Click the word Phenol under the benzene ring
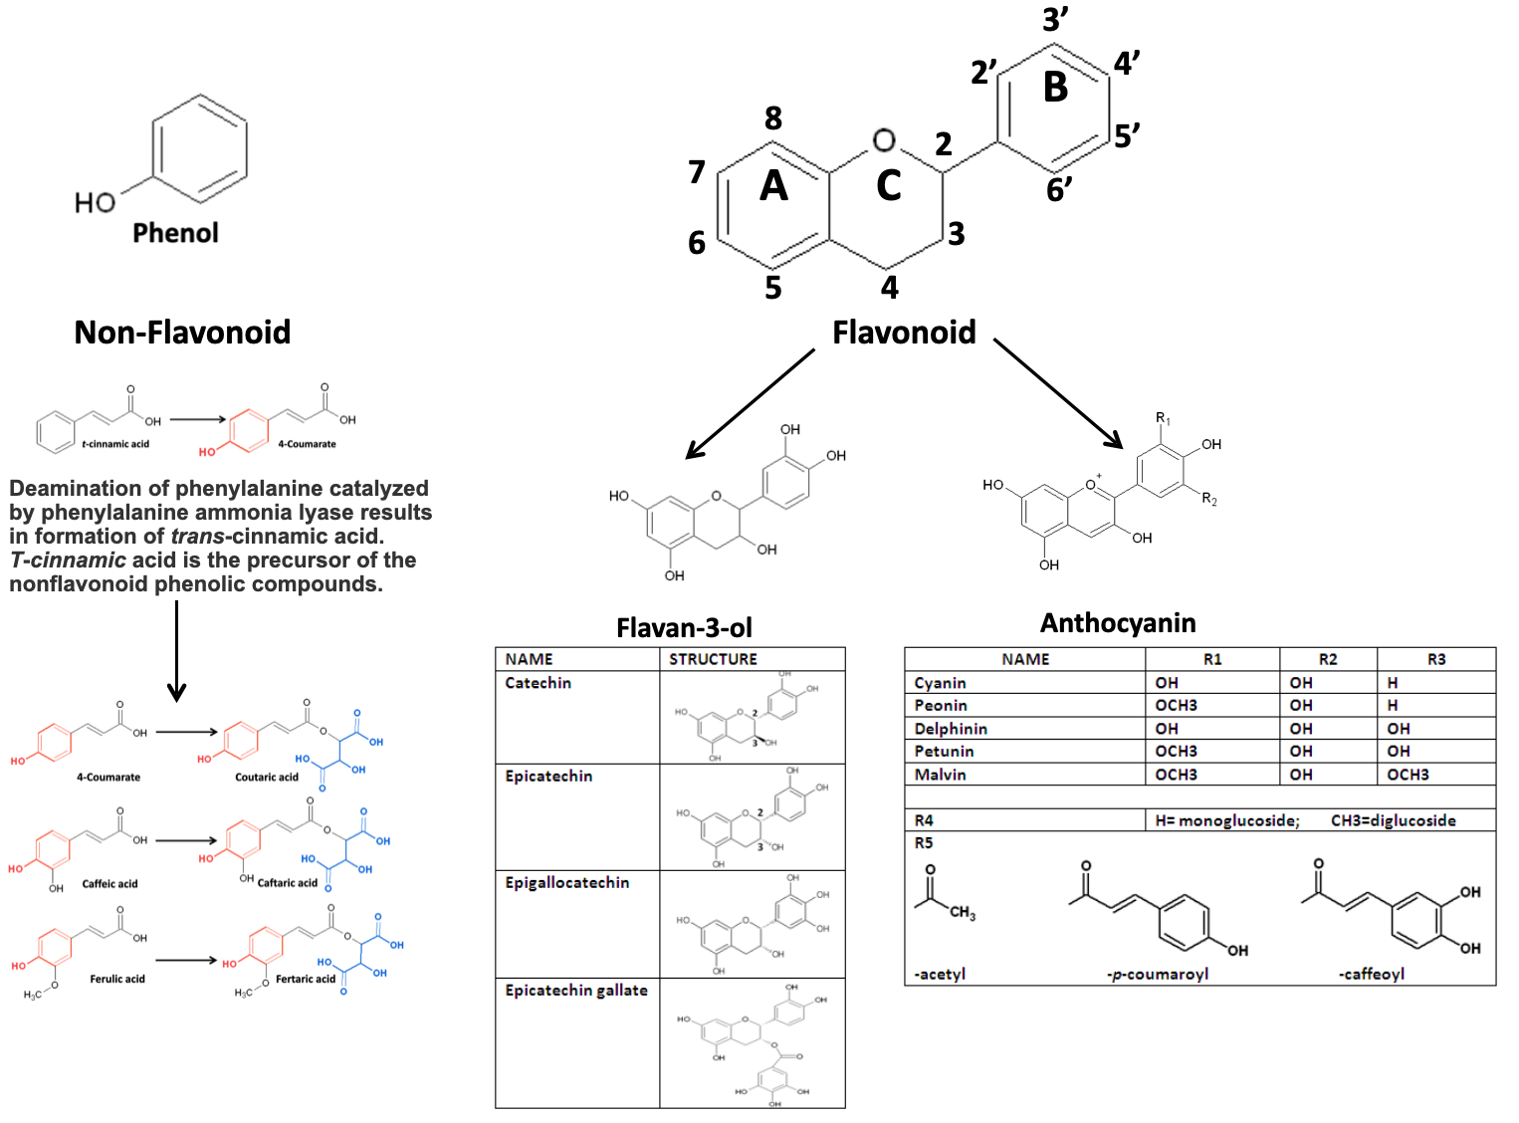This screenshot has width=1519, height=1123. click(175, 232)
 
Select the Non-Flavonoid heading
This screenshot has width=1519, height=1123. click(182, 332)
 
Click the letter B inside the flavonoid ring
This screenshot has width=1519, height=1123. click(1055, 88)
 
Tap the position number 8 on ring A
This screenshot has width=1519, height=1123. click(773, 118)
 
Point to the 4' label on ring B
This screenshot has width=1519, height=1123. click(1126, 64)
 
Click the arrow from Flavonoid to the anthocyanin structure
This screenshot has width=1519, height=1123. click(1058, 393)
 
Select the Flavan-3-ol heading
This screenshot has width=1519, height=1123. click(684, 627)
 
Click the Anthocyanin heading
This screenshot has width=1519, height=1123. click(1118, 622)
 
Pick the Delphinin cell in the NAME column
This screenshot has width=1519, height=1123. click(951, 729)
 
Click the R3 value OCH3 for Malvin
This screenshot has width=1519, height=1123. click(1408, 775)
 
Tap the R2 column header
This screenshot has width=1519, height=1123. click(1328, 659)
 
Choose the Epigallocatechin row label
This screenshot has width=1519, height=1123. click(566, 882)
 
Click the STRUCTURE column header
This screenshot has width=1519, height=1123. click(713, 659)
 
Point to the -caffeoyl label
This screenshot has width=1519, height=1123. click(1371, 974)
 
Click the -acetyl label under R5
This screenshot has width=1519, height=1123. click(940, 974)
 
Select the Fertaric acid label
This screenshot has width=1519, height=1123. click(306, 979)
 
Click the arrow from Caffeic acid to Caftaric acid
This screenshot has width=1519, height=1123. click(186, 840)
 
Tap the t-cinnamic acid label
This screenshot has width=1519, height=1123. click(115, 444)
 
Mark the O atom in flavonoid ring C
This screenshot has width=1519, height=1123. click(884, 140)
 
